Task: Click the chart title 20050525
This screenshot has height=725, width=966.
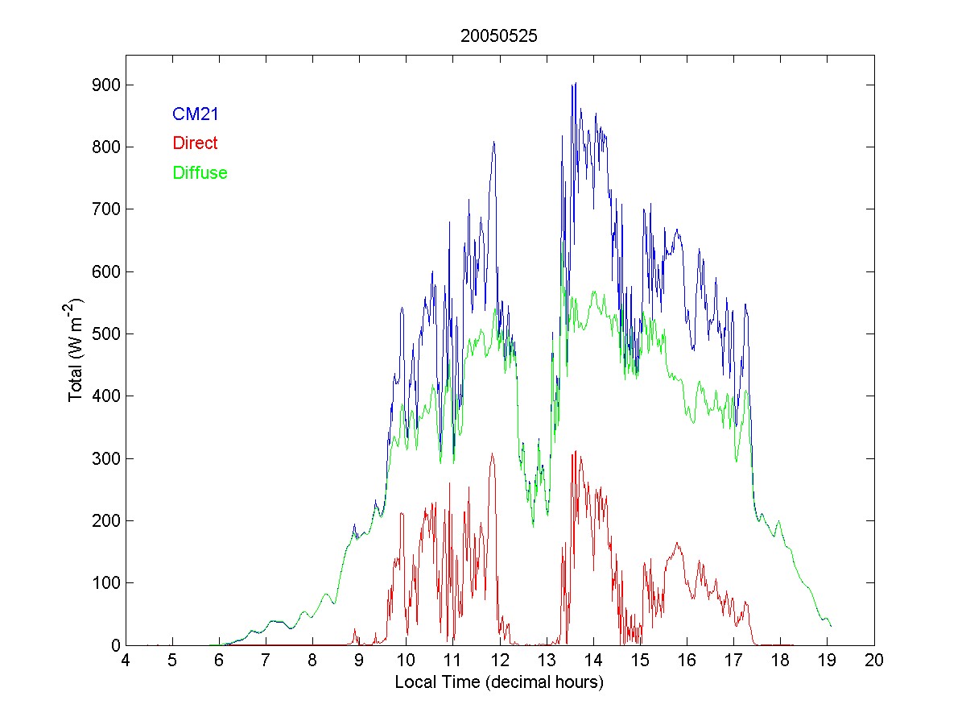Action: click(x=499, y=36)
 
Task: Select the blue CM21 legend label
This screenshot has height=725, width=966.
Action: click(x=196, y=114)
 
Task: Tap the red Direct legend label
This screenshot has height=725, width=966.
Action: click(x=195, y=143)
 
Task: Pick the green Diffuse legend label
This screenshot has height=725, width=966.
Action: click(x=200, y=172)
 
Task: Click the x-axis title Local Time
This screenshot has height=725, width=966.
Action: click(x=499, y=682)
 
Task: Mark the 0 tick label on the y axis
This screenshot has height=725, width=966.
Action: click(x=112, y=645)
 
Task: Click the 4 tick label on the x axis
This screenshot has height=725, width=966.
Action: click(x=126, y=661)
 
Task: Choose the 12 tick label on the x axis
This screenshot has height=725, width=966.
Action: click(x=500, y=661)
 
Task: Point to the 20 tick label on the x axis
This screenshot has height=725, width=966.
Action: click(x=874, y=661)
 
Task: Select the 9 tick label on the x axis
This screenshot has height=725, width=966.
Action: click(x=360, y=661)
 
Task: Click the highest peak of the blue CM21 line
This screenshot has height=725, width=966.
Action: click(x=575, y=83)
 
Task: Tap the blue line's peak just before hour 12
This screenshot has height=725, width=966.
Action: click(x=493, y=142)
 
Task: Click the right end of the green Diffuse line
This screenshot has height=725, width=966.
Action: click(x=831, y=626)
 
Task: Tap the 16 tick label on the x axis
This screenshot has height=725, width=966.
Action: click(x=687, y=661)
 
